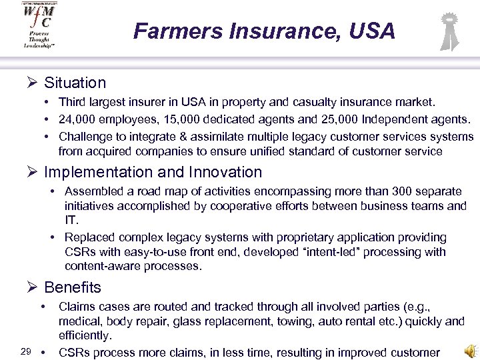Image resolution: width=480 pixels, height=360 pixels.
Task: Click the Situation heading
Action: (x=75, y=83)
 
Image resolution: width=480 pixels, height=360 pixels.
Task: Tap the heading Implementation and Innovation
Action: (x=153, y=172)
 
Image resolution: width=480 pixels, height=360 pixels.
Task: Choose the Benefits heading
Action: (x=73, y=287)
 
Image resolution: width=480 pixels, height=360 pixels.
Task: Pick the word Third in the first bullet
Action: (x=72, y=103)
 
